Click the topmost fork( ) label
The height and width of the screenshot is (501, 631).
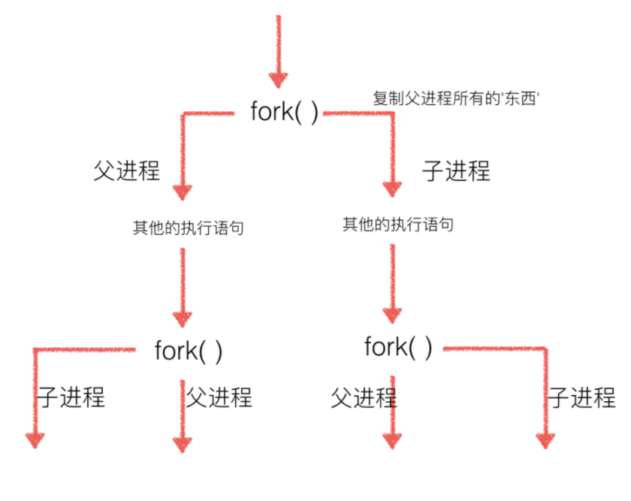pos(284,112)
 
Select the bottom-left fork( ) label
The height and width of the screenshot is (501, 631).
pos(189,351)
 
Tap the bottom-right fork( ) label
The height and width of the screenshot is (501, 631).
pos(398,347)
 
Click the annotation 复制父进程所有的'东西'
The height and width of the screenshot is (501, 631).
pos(456,98)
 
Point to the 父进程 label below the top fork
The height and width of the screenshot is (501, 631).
pos(127,171)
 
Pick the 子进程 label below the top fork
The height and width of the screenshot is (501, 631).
pos(457,171)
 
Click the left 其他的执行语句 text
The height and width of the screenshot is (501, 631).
pos(189,228)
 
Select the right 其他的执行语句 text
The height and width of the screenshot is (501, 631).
pos(398,224)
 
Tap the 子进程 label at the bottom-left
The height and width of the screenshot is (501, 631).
pos(71,397)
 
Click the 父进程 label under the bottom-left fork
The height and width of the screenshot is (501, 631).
pos(219,397)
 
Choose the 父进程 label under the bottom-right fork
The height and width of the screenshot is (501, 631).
pos(364,398)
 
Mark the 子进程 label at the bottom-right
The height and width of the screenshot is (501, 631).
pos(582,397)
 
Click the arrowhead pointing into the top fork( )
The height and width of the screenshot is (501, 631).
pos(278,80)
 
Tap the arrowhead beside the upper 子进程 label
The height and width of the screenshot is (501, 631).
pos(392,189)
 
